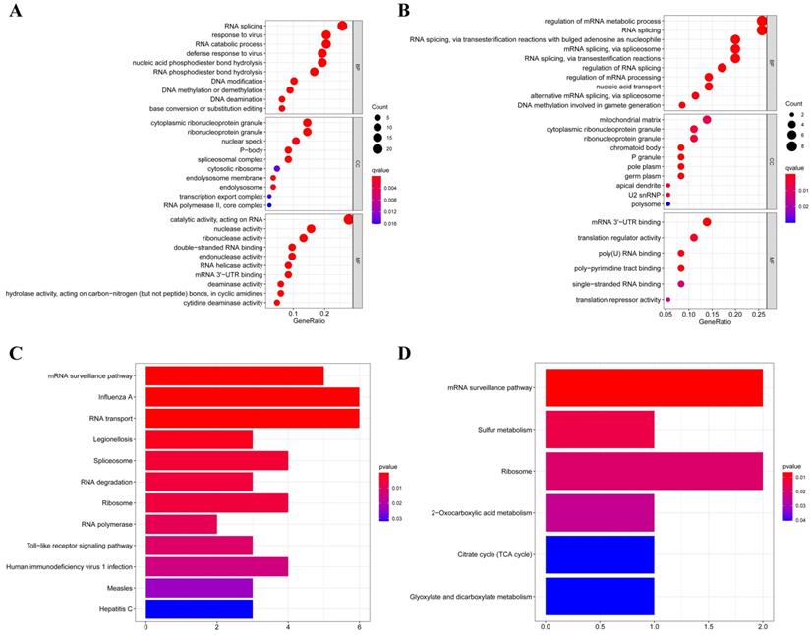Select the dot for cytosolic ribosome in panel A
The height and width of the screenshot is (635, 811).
tap(277, 169)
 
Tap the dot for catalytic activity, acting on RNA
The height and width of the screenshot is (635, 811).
tap(348, 219)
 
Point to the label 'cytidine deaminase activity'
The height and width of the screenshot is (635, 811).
tap(225, 303)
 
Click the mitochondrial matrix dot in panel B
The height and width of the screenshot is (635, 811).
tap(707, 120)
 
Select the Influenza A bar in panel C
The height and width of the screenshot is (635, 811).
tap(252, 397)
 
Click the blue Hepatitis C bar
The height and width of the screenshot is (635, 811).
tap(199, 610)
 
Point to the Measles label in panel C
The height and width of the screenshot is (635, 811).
tap(120, 588)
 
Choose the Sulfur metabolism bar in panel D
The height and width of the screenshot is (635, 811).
tap(600, 430)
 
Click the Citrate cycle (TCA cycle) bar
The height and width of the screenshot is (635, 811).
tap(600, 553)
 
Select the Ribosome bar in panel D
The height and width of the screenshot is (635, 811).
tap(654, 471)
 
